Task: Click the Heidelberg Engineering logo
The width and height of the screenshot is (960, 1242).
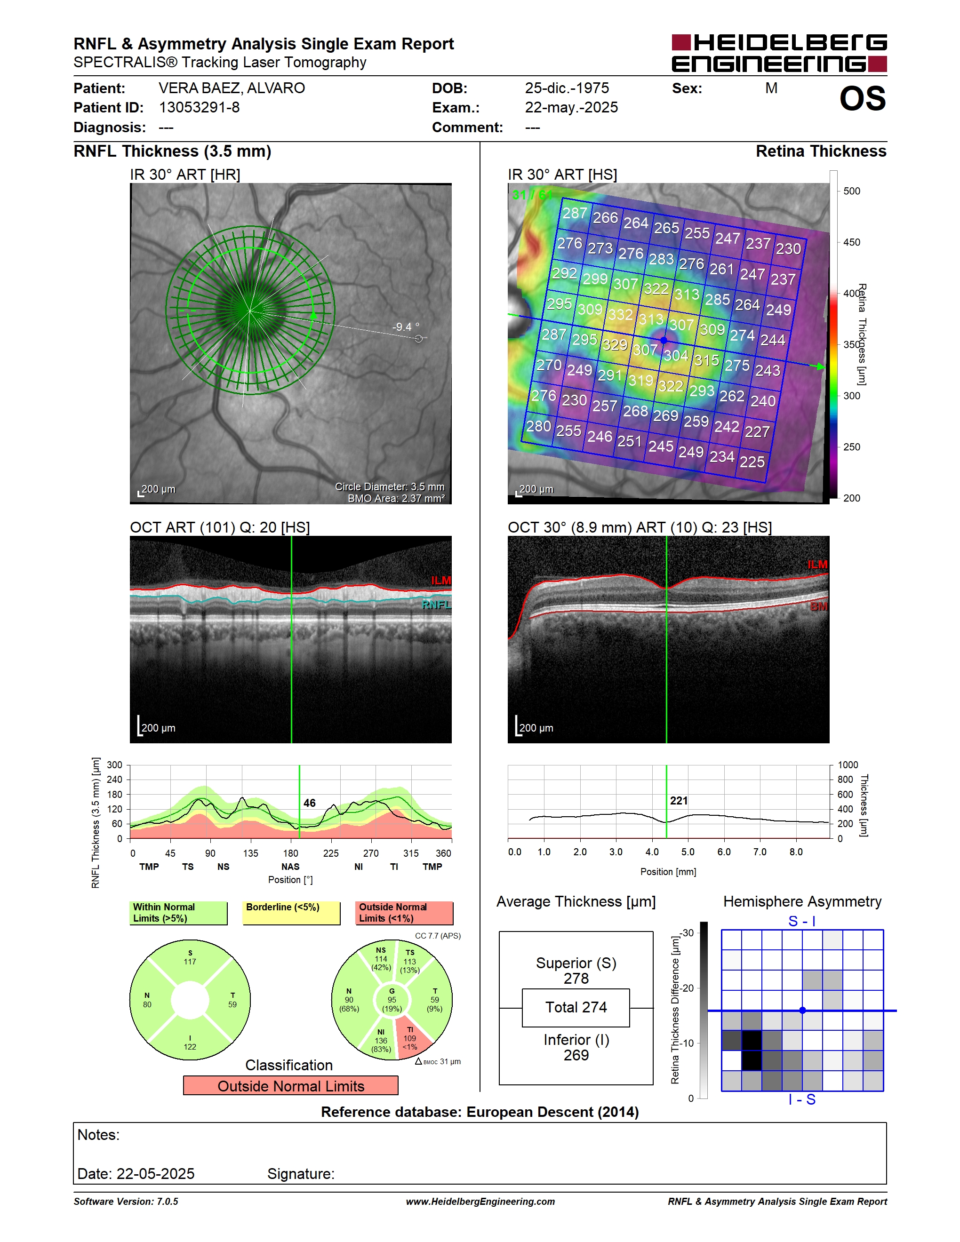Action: [x=779, y=53]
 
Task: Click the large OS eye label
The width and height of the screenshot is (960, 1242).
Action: [x=862, y=99]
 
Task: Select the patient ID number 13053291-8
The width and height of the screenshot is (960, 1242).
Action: [x=199, y=107]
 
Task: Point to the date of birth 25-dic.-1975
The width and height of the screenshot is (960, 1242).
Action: [x=567, y=88]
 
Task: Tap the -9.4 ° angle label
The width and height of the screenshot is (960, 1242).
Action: [x=406, y=327]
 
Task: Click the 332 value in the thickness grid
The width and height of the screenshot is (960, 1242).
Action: [x=620, y=314]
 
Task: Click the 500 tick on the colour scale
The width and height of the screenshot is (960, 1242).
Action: [x=851, y=191]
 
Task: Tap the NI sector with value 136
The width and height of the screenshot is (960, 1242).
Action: [x=381, y=1041]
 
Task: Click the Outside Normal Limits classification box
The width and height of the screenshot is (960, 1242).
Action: [x=291, y=1086]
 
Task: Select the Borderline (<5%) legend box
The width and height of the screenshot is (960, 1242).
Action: [x=291, y=913]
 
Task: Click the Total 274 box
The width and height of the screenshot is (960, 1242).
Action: [x=576, y=1008]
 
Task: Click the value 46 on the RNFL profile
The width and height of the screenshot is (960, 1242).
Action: [x=309, y=803]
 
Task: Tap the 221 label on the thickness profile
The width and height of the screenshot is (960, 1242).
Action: [x=679, y=801]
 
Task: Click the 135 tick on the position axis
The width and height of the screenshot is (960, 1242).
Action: [x=250, y=853]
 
